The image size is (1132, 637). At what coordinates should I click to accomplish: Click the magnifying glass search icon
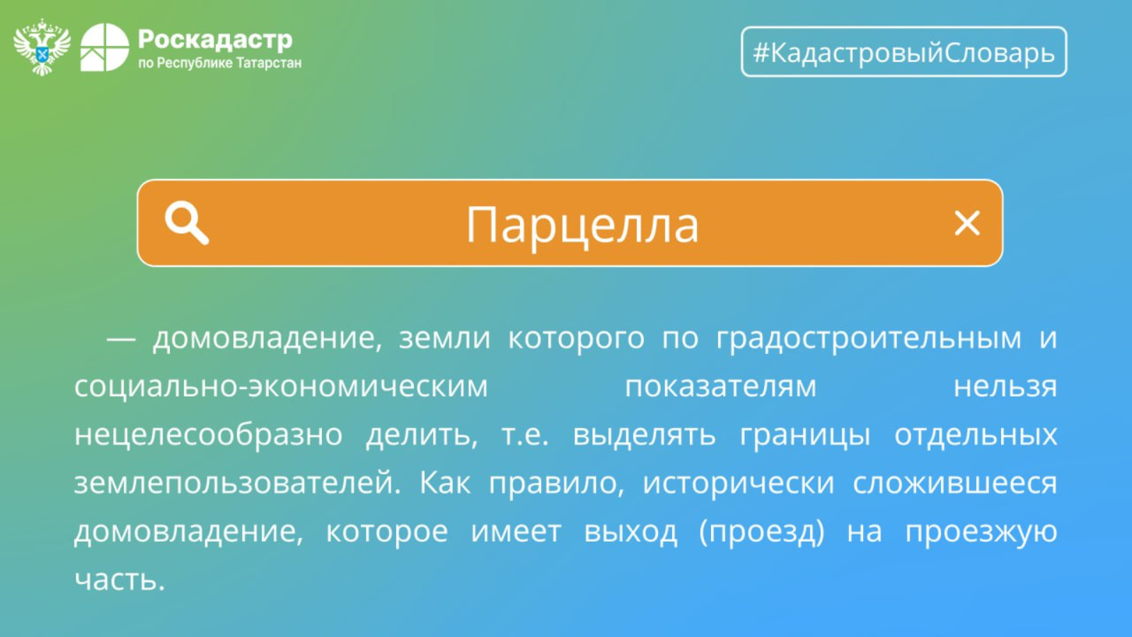coord(187,223)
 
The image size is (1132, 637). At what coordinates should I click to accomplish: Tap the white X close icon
coord(967,223)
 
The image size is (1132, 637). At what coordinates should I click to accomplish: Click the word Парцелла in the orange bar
coord(582,226)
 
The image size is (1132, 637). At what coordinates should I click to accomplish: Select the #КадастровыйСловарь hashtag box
coord(904,52)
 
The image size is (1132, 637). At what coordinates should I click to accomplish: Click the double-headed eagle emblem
coord(42,47)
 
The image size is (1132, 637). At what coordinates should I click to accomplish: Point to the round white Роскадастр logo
coord(105,47)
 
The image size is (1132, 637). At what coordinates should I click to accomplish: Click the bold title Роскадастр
coord(215,40)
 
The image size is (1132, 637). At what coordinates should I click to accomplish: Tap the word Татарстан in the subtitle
coord(269,63)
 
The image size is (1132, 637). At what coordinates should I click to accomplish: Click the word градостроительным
coord(869,339)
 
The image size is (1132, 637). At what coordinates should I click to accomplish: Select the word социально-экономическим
coord(281,386)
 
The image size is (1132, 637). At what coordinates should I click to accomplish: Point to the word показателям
coord(721,386)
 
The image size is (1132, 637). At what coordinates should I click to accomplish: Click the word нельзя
coord(1005,386)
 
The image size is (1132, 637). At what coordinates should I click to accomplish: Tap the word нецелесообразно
coord(208,435)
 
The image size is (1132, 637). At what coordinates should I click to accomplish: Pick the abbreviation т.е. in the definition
coord(525,435)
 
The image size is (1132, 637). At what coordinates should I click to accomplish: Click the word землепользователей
coord(238,483)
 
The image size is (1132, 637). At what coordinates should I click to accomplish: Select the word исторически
coord(739,483)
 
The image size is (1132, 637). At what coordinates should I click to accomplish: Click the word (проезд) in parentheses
coord(762,532)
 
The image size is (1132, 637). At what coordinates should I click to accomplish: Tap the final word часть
coord(120,580)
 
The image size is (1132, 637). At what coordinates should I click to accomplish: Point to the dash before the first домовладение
coord(121,339)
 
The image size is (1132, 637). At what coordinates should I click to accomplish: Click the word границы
coord(805,435)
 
